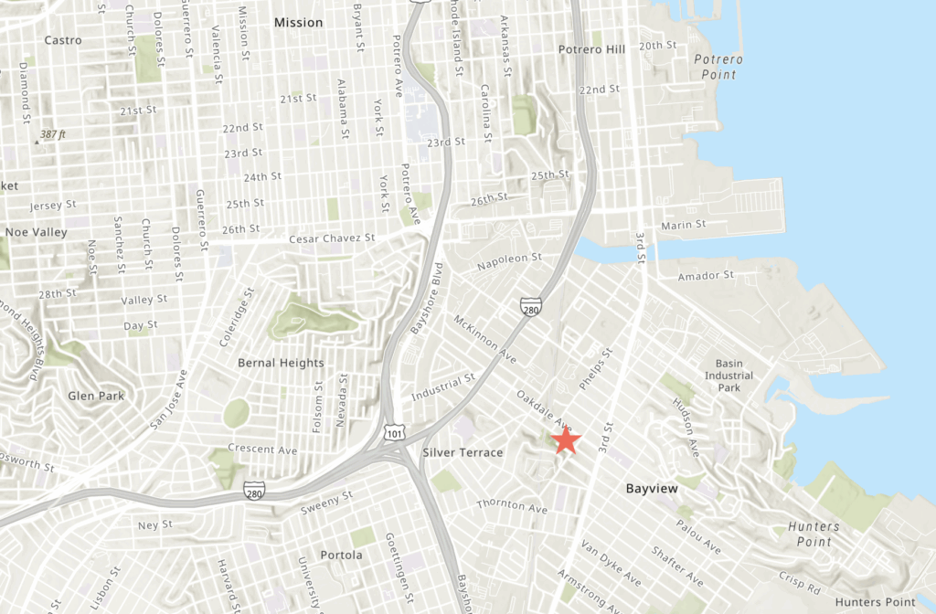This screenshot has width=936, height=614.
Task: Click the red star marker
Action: click(x=567, y=440)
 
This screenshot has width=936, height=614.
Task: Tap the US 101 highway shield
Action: click(x=391, y=430)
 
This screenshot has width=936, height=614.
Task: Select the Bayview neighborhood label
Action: click(x=652, y=489)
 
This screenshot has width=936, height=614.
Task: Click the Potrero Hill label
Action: click(x=591, y=49)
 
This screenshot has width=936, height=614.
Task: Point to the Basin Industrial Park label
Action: click(x=729, y=376)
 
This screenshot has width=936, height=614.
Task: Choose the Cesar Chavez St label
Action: click(x=332, y=238)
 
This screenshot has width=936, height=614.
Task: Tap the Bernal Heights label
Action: click(x=281, y=363)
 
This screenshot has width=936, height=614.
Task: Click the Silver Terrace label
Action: click(x=463, y=453)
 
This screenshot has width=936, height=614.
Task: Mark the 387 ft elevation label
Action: click(x=52, y=134)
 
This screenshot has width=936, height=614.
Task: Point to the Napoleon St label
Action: click(x=515, y=260)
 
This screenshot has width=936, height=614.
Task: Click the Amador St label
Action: click(x=706, y=275)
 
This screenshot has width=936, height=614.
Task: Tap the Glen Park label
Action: click(x=96, y=396)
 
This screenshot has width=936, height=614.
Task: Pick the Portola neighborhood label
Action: click(x=341, y=555)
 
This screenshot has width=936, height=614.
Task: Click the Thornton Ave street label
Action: click(x=512, y=505)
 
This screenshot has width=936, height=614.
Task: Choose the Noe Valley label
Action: click(x=36, y=232)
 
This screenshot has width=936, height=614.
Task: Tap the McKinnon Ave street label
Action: click(x=484, y=339)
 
